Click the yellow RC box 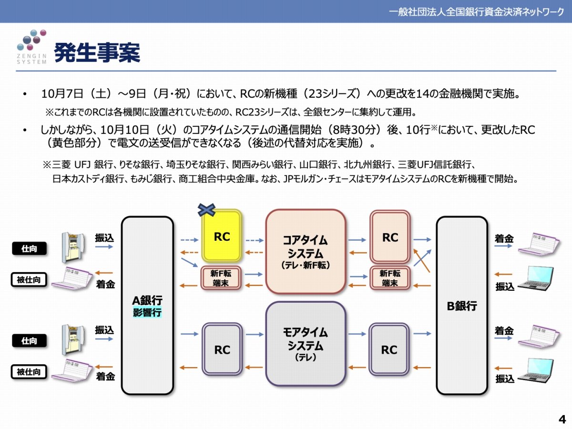coord(222,236)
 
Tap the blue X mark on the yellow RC coord(206,210)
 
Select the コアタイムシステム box coord(306,252)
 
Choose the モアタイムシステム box coord(306,344)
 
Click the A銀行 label coord(147,300)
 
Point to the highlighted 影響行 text coord(147,312)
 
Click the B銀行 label coord(462,306)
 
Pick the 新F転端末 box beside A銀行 coord(221,278)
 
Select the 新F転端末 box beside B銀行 coord(390,278)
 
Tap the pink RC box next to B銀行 coord(390,237)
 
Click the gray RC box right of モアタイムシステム coord(389,349)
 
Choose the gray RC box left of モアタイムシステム coord(222,349)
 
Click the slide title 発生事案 coord(97,52)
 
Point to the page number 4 coord(562,419)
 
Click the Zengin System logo coord(32,47)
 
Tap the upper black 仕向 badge coord(29,248)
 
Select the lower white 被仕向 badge coord(29,371)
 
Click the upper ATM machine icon coord(73,247)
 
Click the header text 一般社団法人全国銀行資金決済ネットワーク coord(476,12)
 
